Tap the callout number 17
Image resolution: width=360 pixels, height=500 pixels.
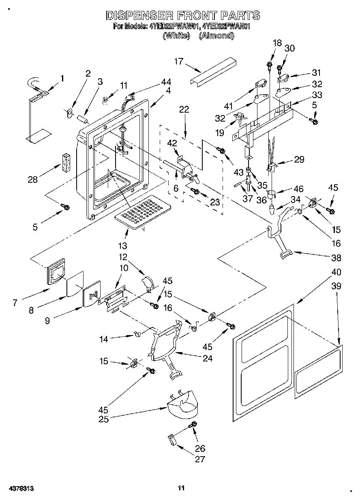[178, 62]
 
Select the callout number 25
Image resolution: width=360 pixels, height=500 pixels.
[103, 419]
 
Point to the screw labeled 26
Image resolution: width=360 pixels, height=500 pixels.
[193, 424]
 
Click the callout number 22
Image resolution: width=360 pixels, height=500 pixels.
[184, 109]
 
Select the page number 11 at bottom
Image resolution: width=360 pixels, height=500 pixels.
[181, 488]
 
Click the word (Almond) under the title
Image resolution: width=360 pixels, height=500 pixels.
[216, 35]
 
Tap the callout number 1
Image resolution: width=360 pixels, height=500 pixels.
[62, 78]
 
